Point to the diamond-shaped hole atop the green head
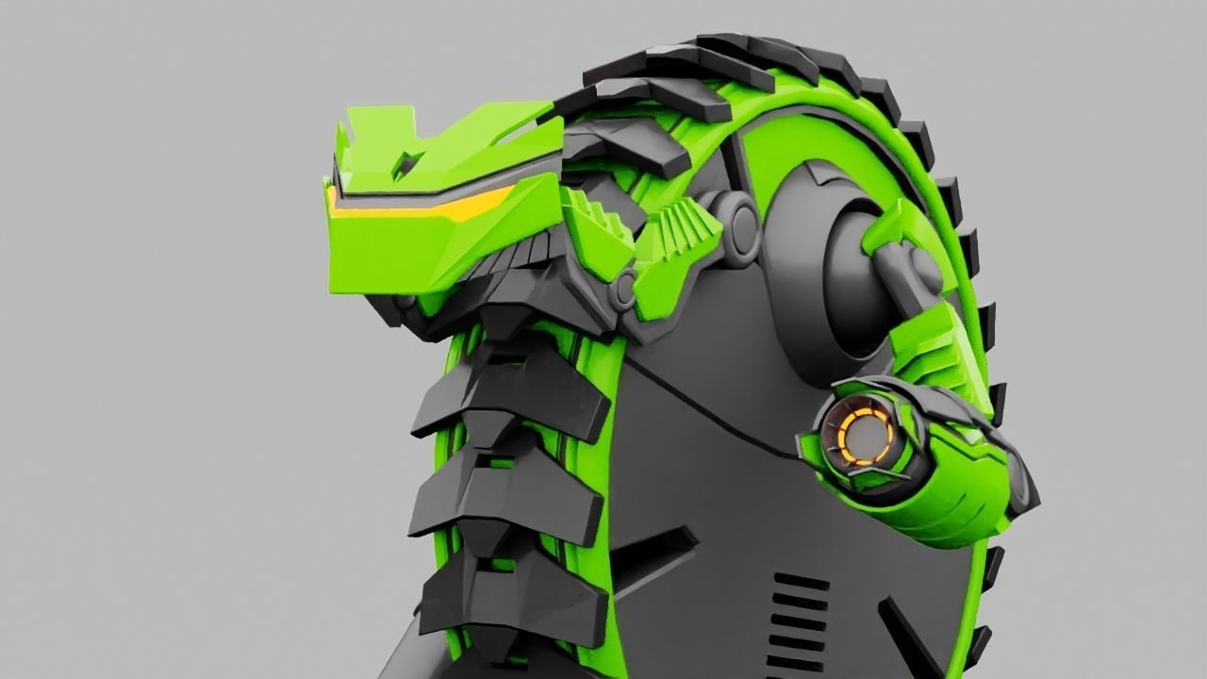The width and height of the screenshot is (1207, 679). [407, 162]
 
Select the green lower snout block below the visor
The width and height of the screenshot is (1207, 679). [396, 255]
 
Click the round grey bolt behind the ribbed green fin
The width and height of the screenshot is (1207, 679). [742, 223]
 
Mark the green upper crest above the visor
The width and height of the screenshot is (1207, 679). [443, 141]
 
